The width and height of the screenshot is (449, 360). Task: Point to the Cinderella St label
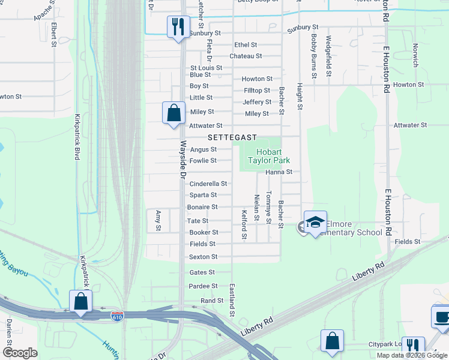pos(208,184)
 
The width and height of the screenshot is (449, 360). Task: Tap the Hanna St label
pos(279,172)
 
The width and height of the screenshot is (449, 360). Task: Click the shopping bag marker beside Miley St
pos(173,112)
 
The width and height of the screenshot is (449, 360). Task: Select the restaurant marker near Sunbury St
pos(178,26)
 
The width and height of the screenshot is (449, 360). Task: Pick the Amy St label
pos(158,220)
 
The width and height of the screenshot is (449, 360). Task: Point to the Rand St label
pos(212,300)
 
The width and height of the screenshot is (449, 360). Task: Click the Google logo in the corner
pos(20,353)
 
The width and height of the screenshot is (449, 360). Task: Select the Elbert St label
pos(54,35)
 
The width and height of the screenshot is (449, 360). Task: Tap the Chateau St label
pos(246,56)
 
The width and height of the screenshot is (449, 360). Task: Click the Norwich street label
pos(415,54)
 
